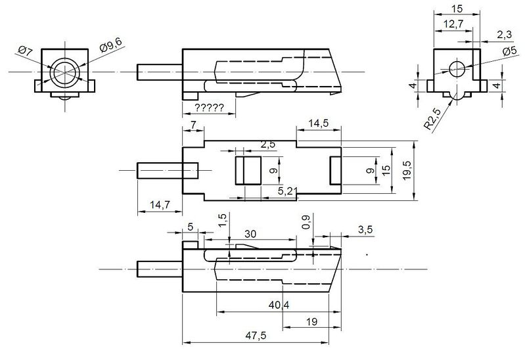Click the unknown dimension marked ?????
point(209,108)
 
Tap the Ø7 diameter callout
point(25,51)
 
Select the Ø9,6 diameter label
point(111,45)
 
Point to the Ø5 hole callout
point(510,51)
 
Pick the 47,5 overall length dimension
point(256,335)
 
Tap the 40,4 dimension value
point(279,305)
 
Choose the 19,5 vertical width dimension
point(407,170)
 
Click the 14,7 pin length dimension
point(160,204)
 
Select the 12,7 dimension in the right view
point(453,24)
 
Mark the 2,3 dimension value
point(504,35)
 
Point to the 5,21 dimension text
point(288,191)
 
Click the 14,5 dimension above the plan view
point(318,124)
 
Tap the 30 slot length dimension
point(250,234)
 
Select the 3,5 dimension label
point(365,230)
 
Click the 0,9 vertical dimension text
point(306,221)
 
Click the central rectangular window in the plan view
point(248,170)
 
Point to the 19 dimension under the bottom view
point(311,322)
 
